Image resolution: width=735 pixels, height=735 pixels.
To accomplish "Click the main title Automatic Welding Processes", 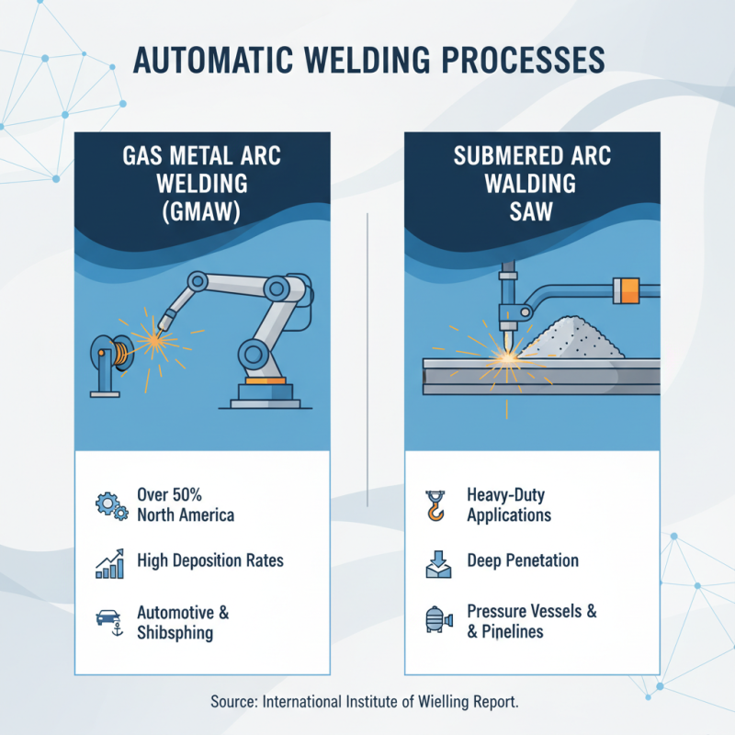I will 367,58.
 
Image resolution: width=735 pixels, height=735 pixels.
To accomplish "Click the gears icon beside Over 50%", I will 111,504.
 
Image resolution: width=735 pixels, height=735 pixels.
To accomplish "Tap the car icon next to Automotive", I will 110,618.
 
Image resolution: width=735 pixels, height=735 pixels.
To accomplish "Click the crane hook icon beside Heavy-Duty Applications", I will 435,504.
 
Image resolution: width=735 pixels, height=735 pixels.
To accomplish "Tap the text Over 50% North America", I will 185,504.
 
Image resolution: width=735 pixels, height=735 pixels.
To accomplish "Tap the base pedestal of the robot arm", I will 262,393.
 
